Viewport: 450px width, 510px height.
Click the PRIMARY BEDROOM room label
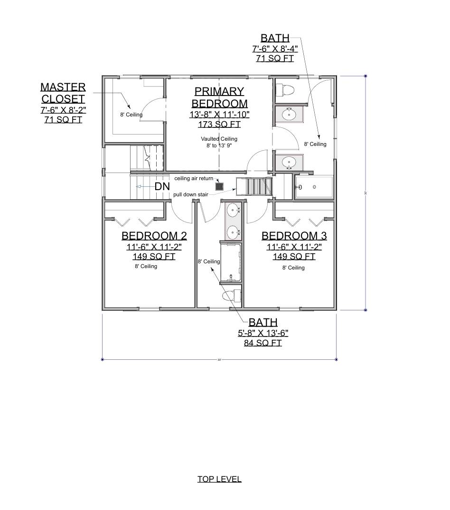click(x=219, y=97)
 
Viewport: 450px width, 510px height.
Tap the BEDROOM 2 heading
click(x=154, y=236)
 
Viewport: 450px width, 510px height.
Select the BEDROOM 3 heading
click(x=294, y=236)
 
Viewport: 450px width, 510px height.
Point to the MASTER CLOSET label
click(x=63, y=93)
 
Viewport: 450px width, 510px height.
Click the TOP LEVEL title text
click(x=219, y=479)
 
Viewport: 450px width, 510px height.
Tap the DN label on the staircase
click(x=162, y=187)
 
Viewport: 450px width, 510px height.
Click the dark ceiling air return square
click(x=219, y=186)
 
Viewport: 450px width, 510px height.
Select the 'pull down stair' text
click(x=191, y=195)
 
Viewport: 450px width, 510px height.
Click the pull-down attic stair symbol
click(x=255, y=186)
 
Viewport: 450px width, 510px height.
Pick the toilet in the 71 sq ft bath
click(x=286, y=89)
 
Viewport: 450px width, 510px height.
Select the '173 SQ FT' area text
click(x=219, y=125)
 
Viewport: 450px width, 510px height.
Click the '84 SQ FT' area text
click(x=263, y=343)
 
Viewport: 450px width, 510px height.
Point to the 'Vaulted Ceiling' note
click(x=219, y=139)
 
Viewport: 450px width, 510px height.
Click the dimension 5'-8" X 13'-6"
click(x=263, y=333)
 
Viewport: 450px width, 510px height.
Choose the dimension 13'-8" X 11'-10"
click(x=219, y=115)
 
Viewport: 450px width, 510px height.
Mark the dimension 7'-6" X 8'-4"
click(x=275, y=48)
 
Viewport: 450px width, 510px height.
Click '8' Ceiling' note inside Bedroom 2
click(x=146, y=266)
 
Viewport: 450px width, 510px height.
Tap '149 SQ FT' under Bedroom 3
click(x=294, y=256)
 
